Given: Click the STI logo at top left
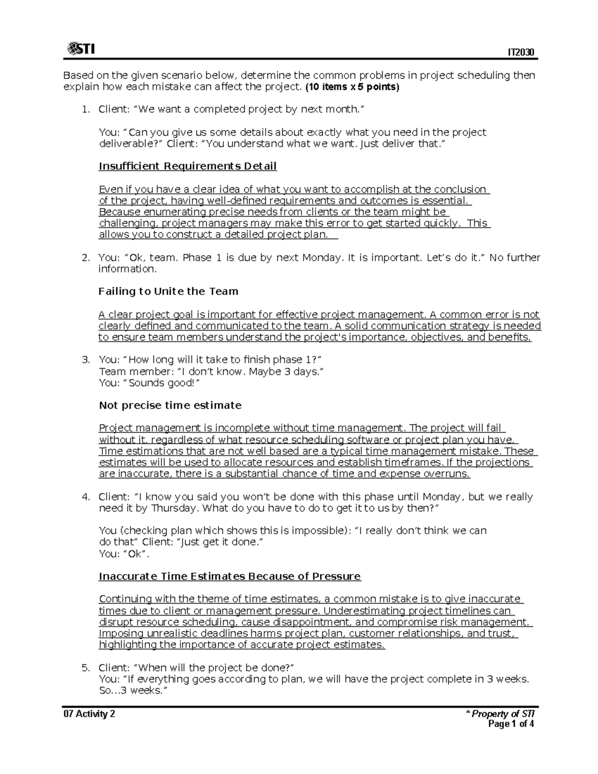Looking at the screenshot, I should click(x=81, y=49).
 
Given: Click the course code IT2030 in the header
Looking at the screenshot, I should click(x=521, y=53).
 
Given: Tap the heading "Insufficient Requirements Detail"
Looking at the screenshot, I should click(x=187, y=166).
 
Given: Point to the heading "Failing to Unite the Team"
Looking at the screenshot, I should click(x=168, y=291).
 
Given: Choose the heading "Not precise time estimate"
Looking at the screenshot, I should click(x=170, y=405).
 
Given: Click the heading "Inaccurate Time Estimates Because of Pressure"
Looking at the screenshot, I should click(x=230, y=576).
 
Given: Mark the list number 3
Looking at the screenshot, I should click(x=86, y=360).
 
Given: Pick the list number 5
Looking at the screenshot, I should click(x=86, y=668).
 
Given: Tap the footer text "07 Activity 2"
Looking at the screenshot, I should click(x=89, y=714).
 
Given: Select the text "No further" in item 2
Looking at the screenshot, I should click(x=514, y=258).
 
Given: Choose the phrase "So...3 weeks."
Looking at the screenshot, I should click(x=132, y=691).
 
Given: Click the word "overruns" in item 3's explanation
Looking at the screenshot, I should click(x=447, y=474).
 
